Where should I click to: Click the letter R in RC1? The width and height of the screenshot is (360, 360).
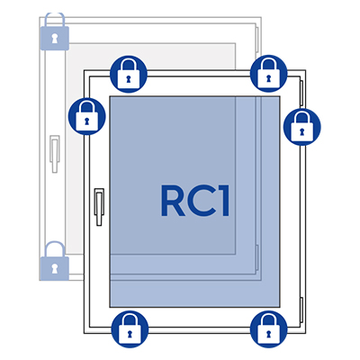[173, 201]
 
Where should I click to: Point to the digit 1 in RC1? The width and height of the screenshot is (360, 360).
[223, 201]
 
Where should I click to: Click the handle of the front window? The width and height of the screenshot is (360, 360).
[99, 207]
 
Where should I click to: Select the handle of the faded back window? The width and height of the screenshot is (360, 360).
[55, 154]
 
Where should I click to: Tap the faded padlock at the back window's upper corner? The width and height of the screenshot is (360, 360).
[54, 31]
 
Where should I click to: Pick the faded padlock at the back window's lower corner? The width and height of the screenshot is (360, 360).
[54, 261]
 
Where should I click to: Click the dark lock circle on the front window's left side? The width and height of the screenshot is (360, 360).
[87, 116]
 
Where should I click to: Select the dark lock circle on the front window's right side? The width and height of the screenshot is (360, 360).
[302, 127]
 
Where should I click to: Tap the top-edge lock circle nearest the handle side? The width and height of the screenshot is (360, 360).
[129, 74]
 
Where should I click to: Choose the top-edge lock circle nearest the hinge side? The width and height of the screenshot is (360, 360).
[269, 73]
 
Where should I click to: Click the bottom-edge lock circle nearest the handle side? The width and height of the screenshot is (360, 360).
[130, 329]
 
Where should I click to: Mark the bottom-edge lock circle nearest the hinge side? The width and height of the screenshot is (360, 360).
[269, 329]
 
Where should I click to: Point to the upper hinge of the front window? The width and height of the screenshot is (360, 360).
[301, 93]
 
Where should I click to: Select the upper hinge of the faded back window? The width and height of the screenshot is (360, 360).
[257, 40]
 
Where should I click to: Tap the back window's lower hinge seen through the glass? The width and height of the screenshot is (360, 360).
[257, 257]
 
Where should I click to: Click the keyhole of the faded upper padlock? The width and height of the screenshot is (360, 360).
[54, 39]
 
